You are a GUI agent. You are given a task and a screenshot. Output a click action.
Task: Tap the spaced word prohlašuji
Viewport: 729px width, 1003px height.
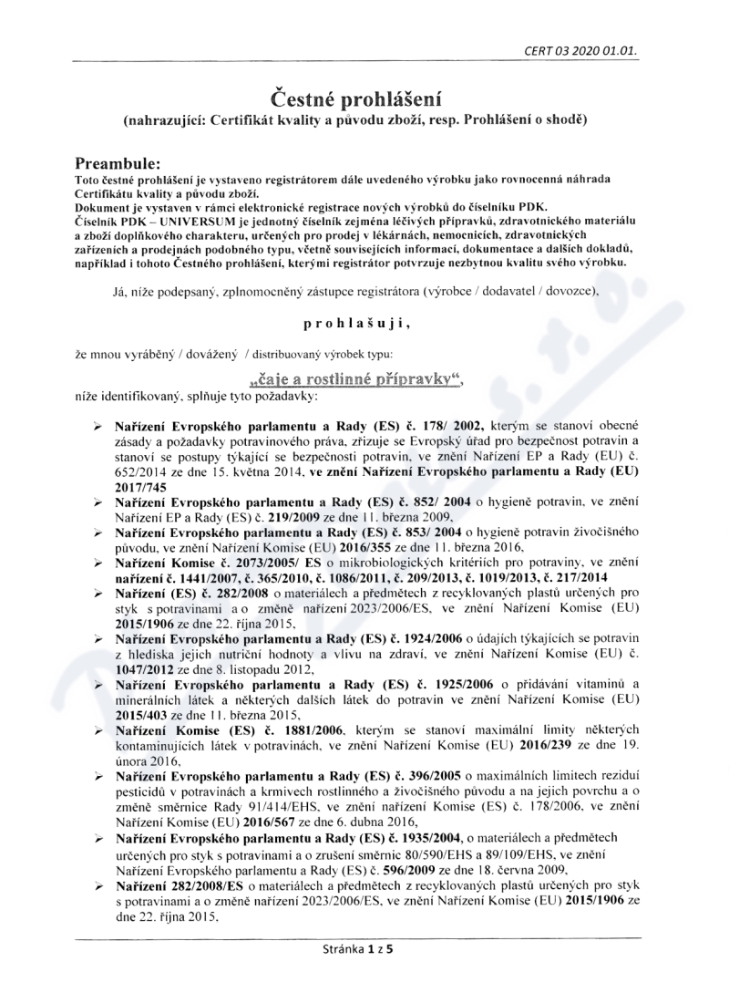tap(364, 324)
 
